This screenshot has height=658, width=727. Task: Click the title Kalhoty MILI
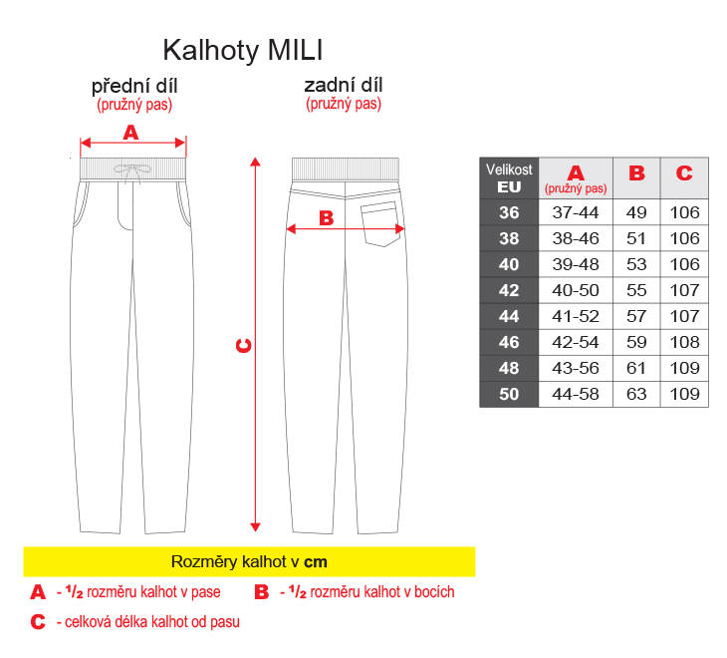[x=242, y=50]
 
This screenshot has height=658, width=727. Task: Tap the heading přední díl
[x=134, y=87]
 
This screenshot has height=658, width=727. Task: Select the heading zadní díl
[x=344, y=86]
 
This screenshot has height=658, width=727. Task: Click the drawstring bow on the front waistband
[x=132, y=171]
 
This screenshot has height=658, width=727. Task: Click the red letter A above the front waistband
[x=130, y=133]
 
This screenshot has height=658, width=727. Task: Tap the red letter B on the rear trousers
[x=327, y=218]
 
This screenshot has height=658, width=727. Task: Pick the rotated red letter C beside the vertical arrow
[x=244, y=346]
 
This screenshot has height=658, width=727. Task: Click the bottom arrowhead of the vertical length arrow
[x=255, y=527]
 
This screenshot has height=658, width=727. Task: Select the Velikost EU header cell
[x=509, y=178]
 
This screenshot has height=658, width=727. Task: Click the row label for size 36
[x=509, y=212]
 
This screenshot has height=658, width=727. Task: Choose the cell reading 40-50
[x=576, y=290]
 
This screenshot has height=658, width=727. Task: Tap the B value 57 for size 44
[x=636, y=316]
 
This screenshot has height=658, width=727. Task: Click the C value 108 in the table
[x=684, y=342]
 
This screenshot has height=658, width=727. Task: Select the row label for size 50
[x=509, y=395]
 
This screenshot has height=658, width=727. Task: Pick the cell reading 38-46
[x=576, y=238]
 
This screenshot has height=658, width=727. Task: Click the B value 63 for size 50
[x=636, y=395]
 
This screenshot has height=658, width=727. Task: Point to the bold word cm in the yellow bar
[x=316, y=562]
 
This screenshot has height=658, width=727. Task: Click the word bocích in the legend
[x=434, y=592]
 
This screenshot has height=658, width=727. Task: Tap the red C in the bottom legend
[x=38, y=622]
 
